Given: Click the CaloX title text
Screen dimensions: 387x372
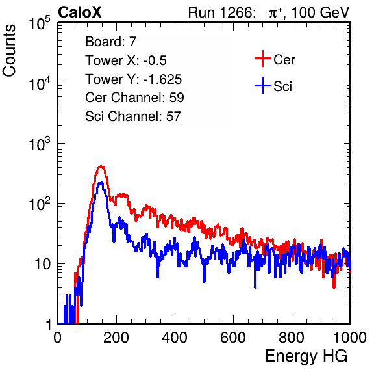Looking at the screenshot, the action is click(80, 12).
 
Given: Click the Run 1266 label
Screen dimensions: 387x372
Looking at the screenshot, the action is click(220, 12).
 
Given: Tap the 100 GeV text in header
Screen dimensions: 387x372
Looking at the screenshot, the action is click(321, 12).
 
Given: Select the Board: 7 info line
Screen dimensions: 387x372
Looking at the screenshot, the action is click(111, 41).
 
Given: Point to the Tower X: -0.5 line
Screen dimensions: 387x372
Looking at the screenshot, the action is click(126, 60).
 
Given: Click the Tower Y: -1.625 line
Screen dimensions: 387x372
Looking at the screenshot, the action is click(134, 79).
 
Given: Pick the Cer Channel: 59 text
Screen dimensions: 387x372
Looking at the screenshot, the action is click(134, 98).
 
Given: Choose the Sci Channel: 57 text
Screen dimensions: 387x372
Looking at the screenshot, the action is click(133, 116).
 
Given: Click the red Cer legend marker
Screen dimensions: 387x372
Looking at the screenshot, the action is click(262, 59).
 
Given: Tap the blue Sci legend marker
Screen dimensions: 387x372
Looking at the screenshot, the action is click(262, 85).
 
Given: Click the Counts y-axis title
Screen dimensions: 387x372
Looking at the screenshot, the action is click(9, 51).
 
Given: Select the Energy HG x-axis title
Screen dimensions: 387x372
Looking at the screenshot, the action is click(306, 356).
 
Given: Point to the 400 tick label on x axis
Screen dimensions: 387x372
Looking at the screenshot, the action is click(175, 337).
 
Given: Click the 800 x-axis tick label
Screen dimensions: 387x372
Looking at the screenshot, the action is click(292, 337).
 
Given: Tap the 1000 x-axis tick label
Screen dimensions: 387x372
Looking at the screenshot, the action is click(350, 337).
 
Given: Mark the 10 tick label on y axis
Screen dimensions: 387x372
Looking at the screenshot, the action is click(42, 264).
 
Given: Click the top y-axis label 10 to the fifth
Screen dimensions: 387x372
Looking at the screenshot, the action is click(40, 23).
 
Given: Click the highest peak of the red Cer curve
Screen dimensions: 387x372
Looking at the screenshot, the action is click(101, 166).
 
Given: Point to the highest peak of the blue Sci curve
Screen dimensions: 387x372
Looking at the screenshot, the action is click(101, 183).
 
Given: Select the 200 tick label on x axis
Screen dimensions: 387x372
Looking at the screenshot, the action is click(116, 337).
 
